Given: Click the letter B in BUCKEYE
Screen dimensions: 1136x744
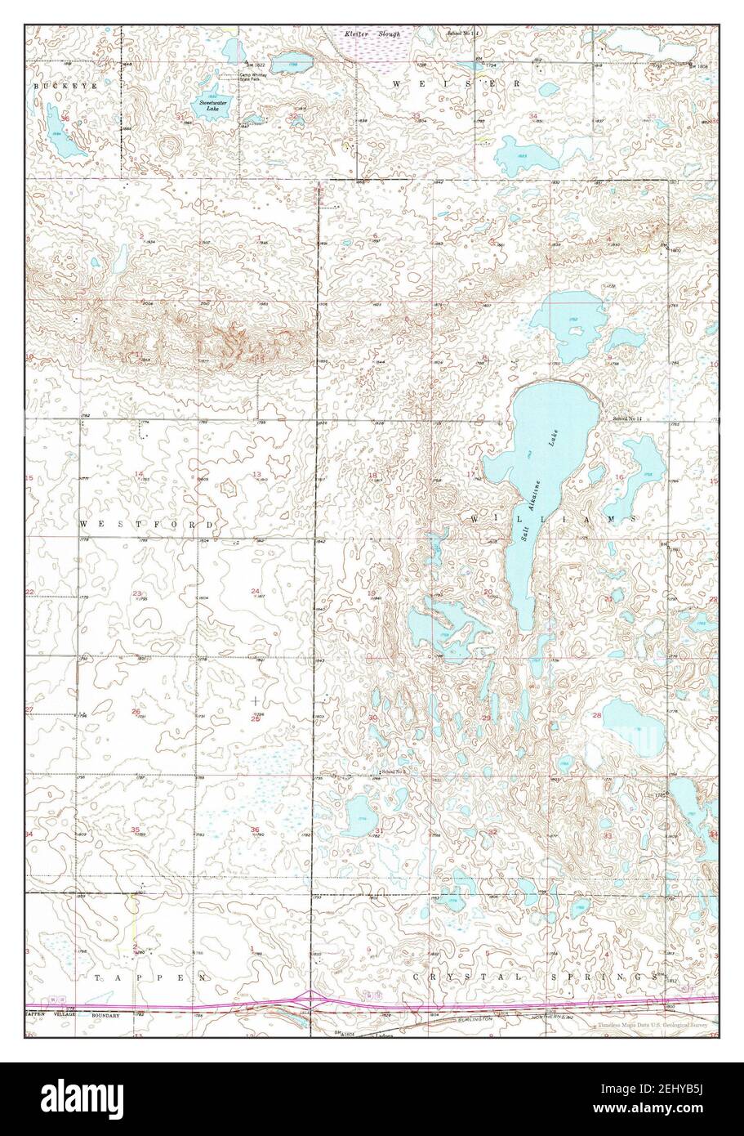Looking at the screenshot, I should point(36,85).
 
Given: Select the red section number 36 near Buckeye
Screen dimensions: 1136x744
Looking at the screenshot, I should point(65,119).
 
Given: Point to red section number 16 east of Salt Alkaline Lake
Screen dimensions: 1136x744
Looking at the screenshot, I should point(620,477).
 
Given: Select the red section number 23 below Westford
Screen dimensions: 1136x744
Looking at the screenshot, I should point(137,593).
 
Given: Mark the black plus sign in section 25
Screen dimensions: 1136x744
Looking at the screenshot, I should point(256,700).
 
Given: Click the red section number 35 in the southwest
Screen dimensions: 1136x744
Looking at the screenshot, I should point(135,830).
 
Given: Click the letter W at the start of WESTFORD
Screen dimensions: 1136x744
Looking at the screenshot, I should point(83,521).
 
